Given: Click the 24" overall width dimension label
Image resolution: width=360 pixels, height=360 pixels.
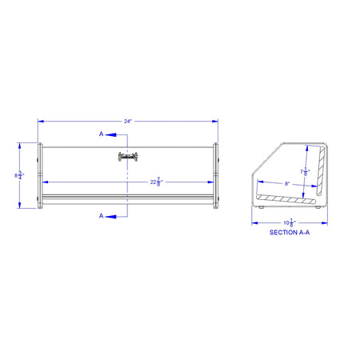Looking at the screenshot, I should (x=128, y=121).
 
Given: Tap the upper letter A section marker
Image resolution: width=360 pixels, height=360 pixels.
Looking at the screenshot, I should (x=102, y=134).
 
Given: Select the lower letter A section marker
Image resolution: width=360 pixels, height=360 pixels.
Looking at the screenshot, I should (x=102, y=215).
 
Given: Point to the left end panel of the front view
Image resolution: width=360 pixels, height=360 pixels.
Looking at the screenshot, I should (x=40, y=176).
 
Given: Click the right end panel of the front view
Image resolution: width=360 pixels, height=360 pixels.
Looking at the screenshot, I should (x=215, y=176).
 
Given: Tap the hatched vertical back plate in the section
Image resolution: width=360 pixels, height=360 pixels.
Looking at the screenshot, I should (x=322, y=172).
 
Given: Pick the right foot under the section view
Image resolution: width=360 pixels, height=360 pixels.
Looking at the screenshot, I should (x=321, y=208).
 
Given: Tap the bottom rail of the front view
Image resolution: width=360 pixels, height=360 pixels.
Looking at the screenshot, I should (x=128, y=198).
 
